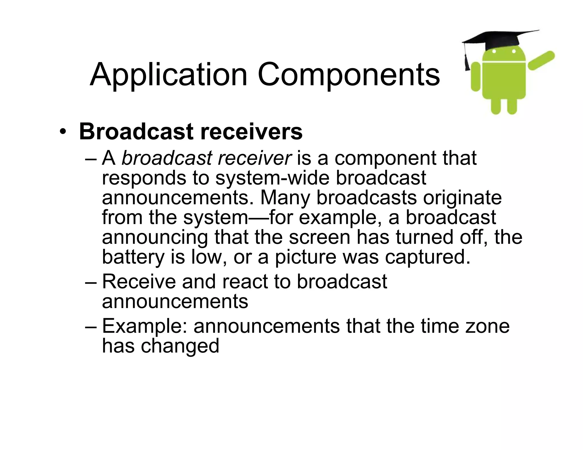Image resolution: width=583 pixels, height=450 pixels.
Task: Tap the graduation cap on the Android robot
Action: pos(501,40)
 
